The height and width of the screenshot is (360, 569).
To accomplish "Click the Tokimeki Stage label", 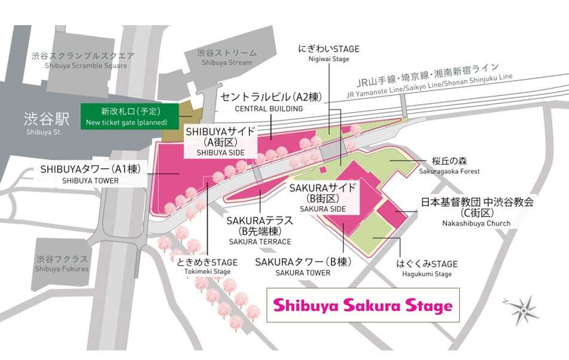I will click(207, 267).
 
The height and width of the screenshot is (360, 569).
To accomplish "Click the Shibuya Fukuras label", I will click(61, 264).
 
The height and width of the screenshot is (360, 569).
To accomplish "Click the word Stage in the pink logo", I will click(426, 306).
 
